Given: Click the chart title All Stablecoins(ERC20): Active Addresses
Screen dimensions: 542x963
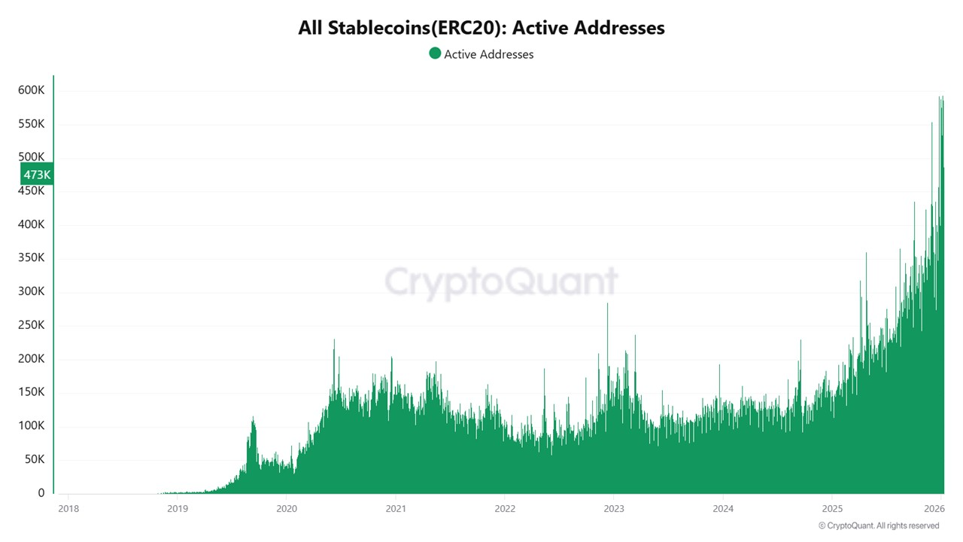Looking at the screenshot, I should click(x=481, y=28).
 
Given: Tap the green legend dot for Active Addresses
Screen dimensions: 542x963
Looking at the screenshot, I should click(x=435, y=53).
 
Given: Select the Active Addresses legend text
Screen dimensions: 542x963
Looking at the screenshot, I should click(x=488, y=54).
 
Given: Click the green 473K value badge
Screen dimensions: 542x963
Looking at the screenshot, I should click(x=36, y=175).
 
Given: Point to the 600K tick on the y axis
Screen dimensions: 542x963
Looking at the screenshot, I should click(x=31, y=90).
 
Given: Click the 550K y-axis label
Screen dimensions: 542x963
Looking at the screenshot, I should click(x=31, y=123).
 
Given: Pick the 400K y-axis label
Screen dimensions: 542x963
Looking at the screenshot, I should click(x=31, y=224).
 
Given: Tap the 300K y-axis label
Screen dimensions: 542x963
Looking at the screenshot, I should click(x=31, y=291).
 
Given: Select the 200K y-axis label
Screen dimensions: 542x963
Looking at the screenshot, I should click(x=31, y=358).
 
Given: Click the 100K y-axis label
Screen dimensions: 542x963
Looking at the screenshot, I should click(x=31, y=425).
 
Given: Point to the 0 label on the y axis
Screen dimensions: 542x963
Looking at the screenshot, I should click(x=41, y=493).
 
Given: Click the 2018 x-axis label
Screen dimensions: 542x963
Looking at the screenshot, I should click(x=68, y=508).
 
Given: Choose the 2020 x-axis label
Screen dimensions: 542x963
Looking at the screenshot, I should click(x=286, y=508).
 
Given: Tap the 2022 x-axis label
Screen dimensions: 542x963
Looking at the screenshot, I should click(x=504, y=508).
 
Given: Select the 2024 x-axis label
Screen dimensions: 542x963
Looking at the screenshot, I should click(x=722, y=508).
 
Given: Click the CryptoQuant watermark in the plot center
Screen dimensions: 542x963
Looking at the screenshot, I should click(x=501, y=282).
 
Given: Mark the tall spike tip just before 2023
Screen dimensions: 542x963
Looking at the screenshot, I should click(x=607, y=304).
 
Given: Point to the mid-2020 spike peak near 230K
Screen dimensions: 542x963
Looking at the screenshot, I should click(x=334, y=340).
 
